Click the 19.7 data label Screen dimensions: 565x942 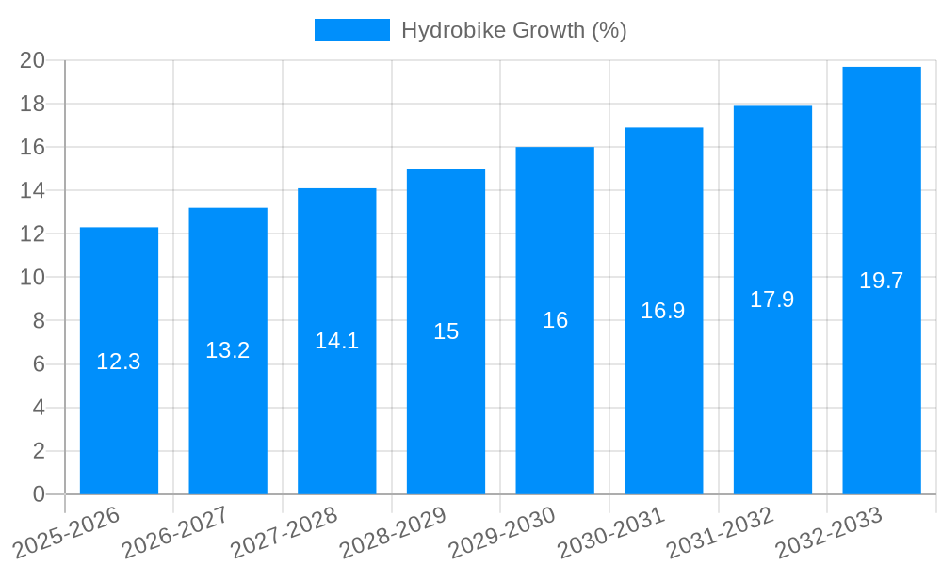coord(882,281)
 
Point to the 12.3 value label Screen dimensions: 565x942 coord(119,362)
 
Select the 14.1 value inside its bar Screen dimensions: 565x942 coord(336,341)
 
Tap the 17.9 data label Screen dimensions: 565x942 coord(772,299)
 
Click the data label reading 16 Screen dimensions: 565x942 coord(555,320)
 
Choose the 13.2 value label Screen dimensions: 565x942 coord(228,350)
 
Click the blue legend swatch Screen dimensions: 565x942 coord(351,30)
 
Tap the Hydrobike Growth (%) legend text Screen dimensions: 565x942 coord(514,30)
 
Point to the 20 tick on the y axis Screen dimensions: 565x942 coord(33,60)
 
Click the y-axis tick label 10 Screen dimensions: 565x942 coord(33,277)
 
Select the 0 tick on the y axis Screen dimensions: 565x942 coord(39,494)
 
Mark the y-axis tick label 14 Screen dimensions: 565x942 coord(33,190)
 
